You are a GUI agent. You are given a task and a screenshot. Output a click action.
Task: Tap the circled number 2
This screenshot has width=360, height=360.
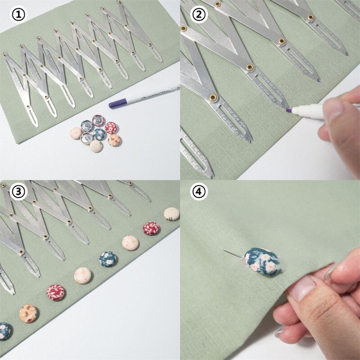[x=199, y=15]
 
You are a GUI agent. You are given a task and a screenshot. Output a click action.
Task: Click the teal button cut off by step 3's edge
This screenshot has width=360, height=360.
[x=4, y=331]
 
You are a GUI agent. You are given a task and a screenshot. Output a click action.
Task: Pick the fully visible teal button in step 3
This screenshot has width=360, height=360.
[x=108, y=258]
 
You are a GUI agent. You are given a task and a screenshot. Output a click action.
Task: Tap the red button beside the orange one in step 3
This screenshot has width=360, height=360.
[x=56, y=292]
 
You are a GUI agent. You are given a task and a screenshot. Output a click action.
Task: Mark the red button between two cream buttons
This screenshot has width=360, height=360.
[x=152, y=228]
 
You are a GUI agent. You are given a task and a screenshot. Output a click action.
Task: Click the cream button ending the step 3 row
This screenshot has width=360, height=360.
[x=171, y=214]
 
